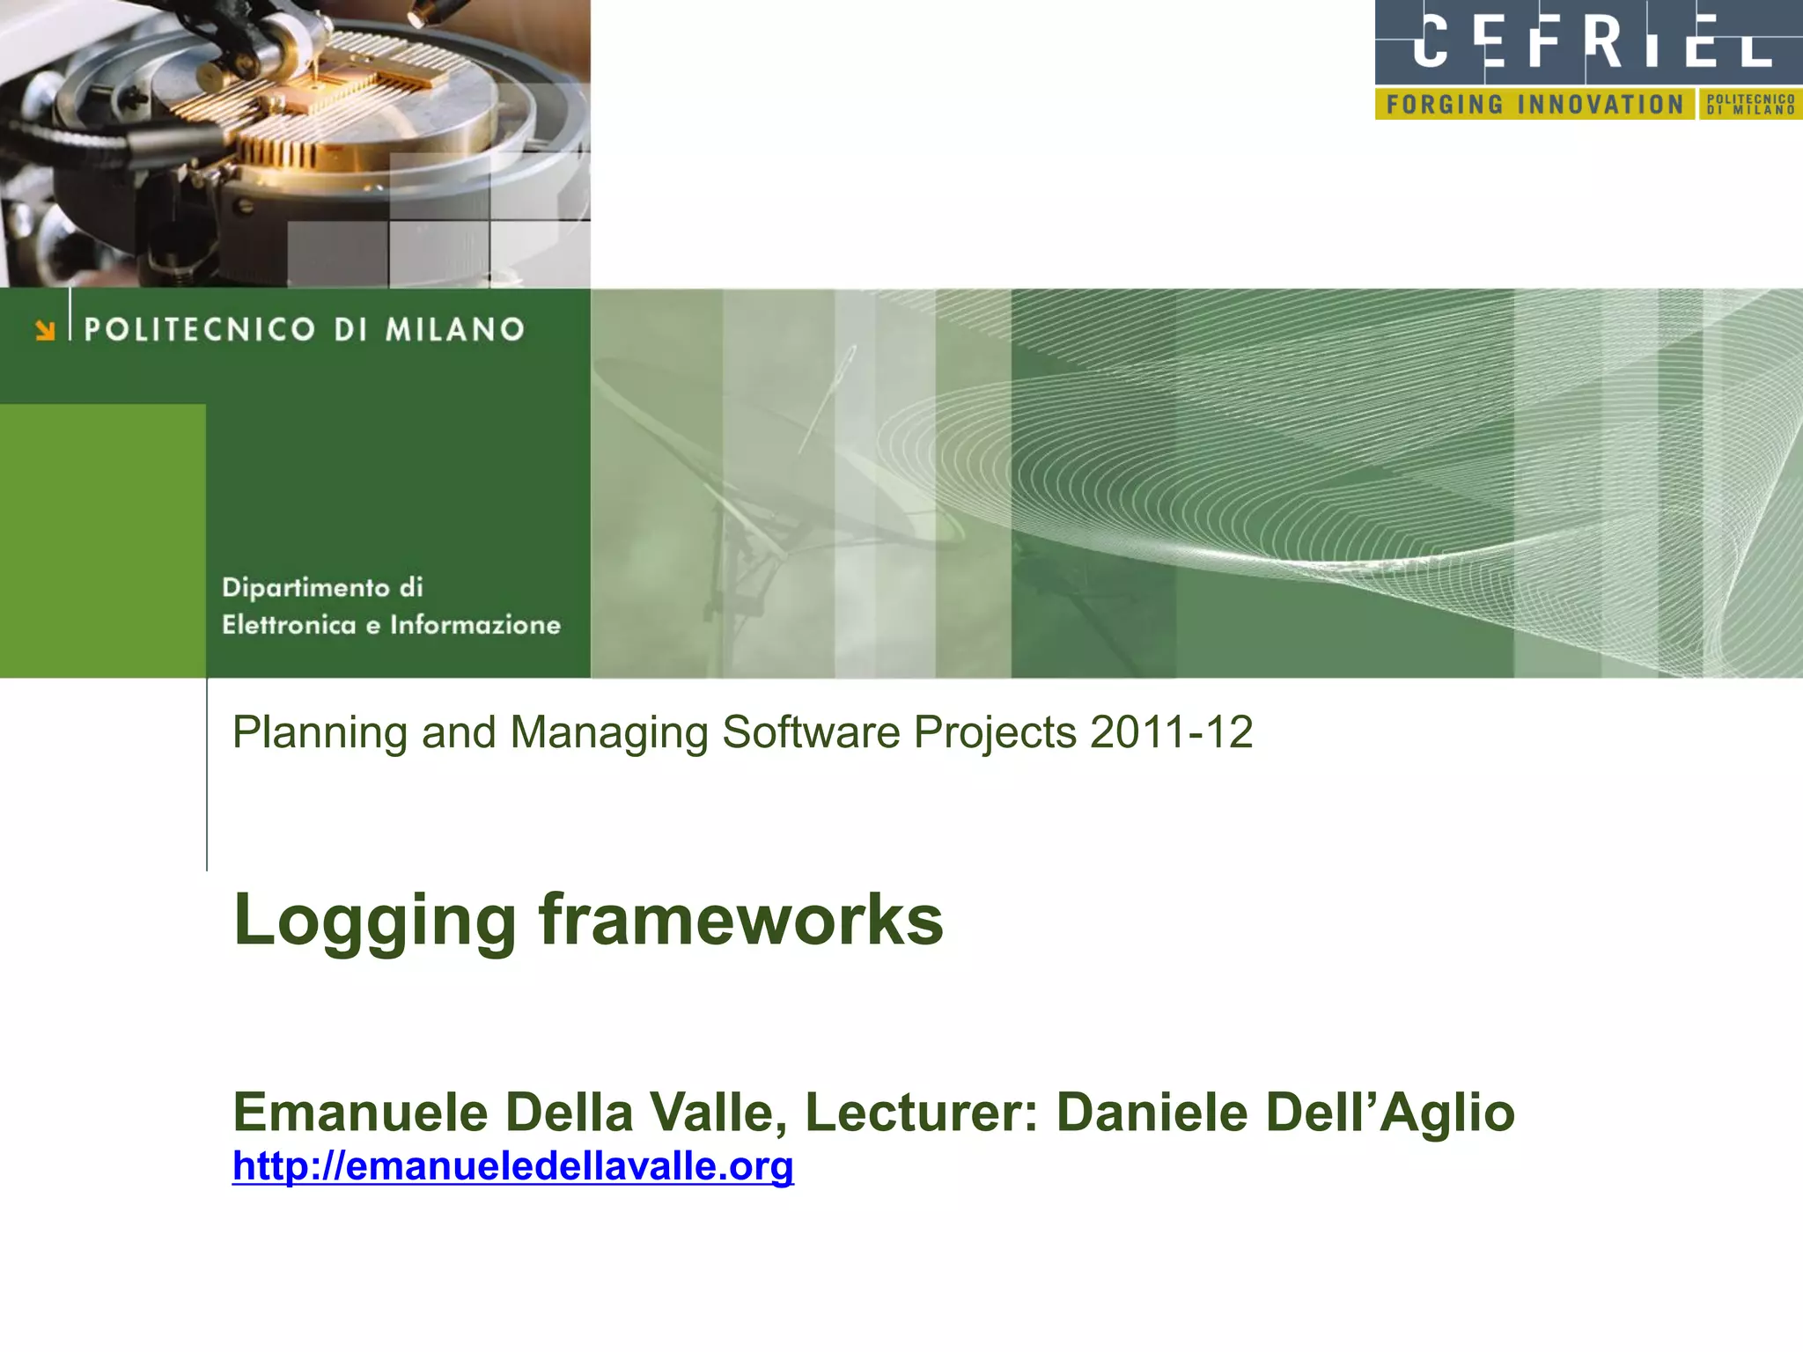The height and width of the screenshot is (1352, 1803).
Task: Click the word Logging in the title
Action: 373,922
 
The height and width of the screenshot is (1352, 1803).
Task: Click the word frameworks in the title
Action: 740,920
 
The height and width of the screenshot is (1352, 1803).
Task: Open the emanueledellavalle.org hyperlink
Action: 512,1166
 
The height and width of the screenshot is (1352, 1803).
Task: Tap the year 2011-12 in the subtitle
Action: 1171,732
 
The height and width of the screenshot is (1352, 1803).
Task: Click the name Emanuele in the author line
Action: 360,1112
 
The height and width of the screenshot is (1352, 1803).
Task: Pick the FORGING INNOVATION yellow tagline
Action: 1534,105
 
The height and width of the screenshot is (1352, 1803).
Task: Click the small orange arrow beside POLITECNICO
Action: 45,330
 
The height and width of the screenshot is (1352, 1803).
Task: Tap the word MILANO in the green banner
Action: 455,330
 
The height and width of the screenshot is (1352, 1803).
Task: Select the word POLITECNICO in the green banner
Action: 200,330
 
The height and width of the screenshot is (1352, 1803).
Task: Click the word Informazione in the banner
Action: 475,625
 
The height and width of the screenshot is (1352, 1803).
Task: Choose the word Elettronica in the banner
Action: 289,625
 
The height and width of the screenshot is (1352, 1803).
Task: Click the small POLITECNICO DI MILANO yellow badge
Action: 1750,105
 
